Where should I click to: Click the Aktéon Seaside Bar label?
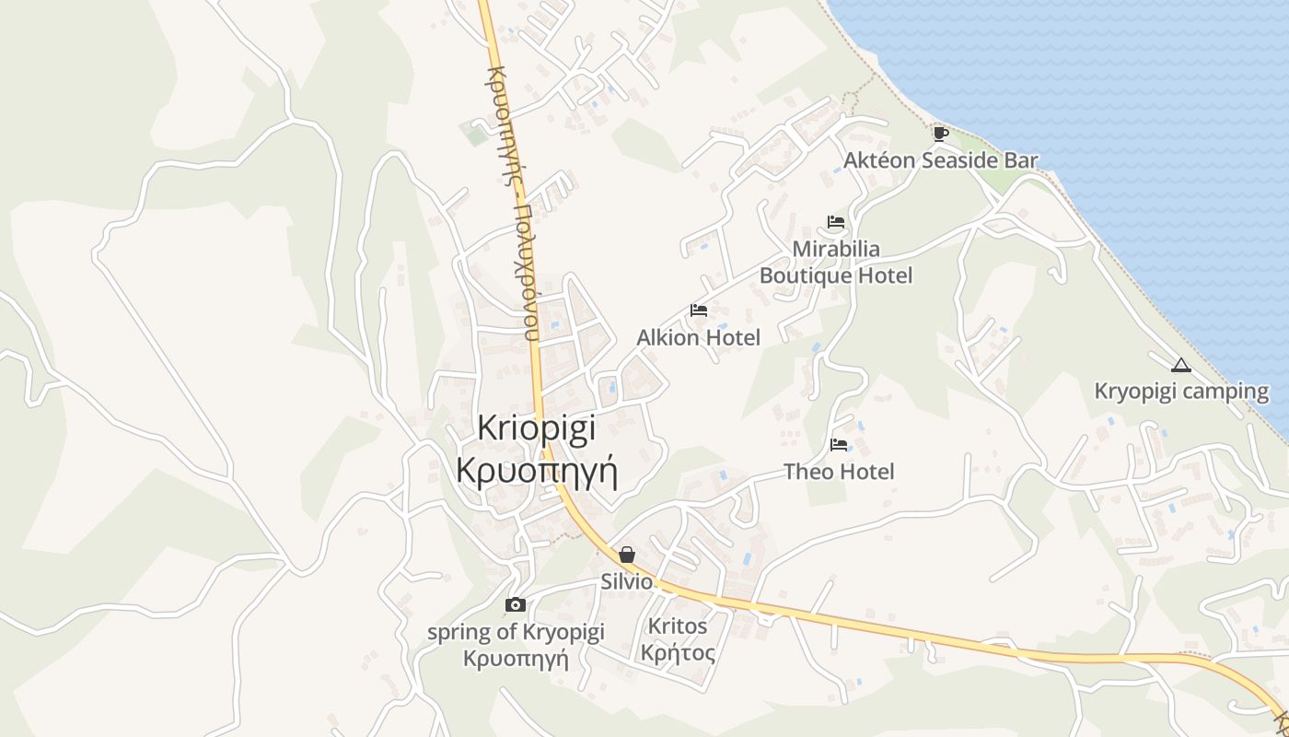pos(940,160)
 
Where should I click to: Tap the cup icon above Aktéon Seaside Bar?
pos(940,134)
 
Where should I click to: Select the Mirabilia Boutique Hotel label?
pos(836,262)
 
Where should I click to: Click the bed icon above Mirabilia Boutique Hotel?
pos(836,222)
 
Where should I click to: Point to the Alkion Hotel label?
pos(698,338)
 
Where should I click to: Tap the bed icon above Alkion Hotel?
pos(699,310)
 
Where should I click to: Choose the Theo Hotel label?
pos(839,472)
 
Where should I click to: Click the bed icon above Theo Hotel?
pos(839,445)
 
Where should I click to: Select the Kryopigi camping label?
pos(1181,391)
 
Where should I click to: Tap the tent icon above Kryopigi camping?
pos(1181,365)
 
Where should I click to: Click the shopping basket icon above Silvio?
pos(627,555)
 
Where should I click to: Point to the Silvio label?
pos(626,582)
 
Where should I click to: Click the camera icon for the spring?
pos(516,604)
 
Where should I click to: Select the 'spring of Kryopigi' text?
pos(516,632)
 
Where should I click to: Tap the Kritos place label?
pos(678,626)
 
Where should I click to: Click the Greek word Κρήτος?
pos(678,654)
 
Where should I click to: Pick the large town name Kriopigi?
pos(537,428)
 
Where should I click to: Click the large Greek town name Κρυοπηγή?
pos(537,469)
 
